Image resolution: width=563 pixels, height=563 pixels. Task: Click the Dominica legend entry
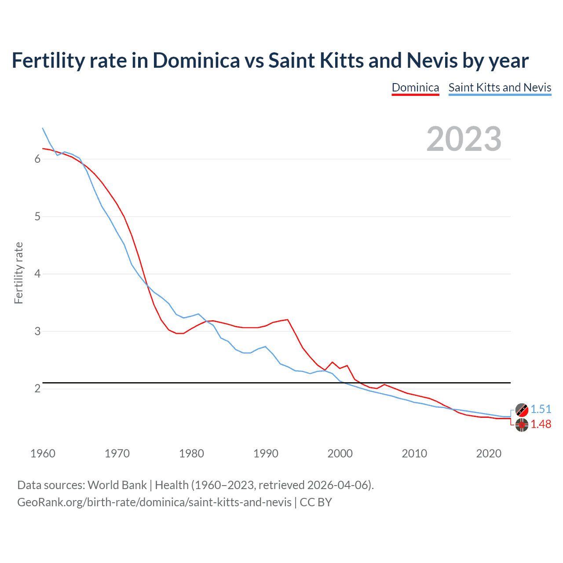(x=415, y=88)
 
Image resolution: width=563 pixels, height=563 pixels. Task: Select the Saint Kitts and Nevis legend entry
(x=500, y=88)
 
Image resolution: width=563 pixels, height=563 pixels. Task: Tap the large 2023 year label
(x=464, y=139)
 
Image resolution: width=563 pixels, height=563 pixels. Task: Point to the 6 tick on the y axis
(x=37, y=159)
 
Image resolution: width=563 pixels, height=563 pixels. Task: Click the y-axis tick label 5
(x=37, y=216)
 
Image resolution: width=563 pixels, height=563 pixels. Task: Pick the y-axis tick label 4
(x=37, y=274)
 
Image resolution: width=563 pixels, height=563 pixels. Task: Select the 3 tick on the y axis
(x=37, y=331)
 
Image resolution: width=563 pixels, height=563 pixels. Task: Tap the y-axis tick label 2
(x=37, y=389)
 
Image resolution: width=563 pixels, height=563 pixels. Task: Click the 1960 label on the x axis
(x=43, y=453)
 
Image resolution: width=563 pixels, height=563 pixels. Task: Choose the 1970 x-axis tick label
(x=117, y=453)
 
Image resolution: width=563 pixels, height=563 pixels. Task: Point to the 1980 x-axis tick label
(x=191, y=453)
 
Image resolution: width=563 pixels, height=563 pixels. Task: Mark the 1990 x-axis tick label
(x=266, y=453)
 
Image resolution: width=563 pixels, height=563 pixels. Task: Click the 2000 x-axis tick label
(x=340, y=453)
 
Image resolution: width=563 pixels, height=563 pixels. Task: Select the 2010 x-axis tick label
(x=414, y=453)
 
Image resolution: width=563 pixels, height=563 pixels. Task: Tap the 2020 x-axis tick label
(x=489, y=453)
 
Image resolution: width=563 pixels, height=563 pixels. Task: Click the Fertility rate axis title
(x=18, y=273)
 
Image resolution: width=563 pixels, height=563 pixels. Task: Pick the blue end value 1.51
(x=541, y=409)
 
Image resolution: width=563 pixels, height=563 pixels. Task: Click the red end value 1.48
(x=541, y=424)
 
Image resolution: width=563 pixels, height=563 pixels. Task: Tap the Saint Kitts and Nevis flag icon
(x=522, y=409)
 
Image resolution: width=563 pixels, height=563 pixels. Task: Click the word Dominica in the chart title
(x=196, y=61)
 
